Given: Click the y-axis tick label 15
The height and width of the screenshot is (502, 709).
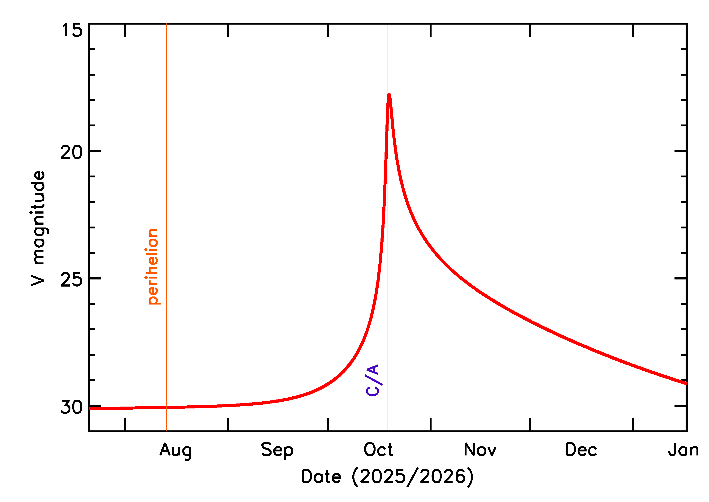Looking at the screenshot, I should click(x=72, y=30).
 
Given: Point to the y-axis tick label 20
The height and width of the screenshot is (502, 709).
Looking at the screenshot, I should click(x=72, y=152).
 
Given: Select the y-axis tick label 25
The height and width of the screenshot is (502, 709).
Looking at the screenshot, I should click(x=72, y=280).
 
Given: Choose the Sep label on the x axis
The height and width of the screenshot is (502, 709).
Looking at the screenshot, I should click(x=277, y=450).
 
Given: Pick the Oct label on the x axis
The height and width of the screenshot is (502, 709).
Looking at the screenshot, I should click(x=378, y=450).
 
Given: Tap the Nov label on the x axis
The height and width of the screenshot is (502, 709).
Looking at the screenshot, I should click(x=480, y=450).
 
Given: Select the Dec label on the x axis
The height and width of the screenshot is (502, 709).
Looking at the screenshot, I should click(x=581, y=450).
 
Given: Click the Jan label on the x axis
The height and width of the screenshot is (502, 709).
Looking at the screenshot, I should click(x=683, y=450).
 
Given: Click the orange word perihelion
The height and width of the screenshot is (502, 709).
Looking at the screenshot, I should click(x=153, y=266).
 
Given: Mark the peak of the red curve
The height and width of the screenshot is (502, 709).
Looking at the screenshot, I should click(x=389, y=94).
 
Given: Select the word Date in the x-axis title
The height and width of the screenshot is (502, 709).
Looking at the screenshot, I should click(x=321, y=476).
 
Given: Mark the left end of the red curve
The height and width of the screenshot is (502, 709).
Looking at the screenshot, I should click(x=90, y=408).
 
